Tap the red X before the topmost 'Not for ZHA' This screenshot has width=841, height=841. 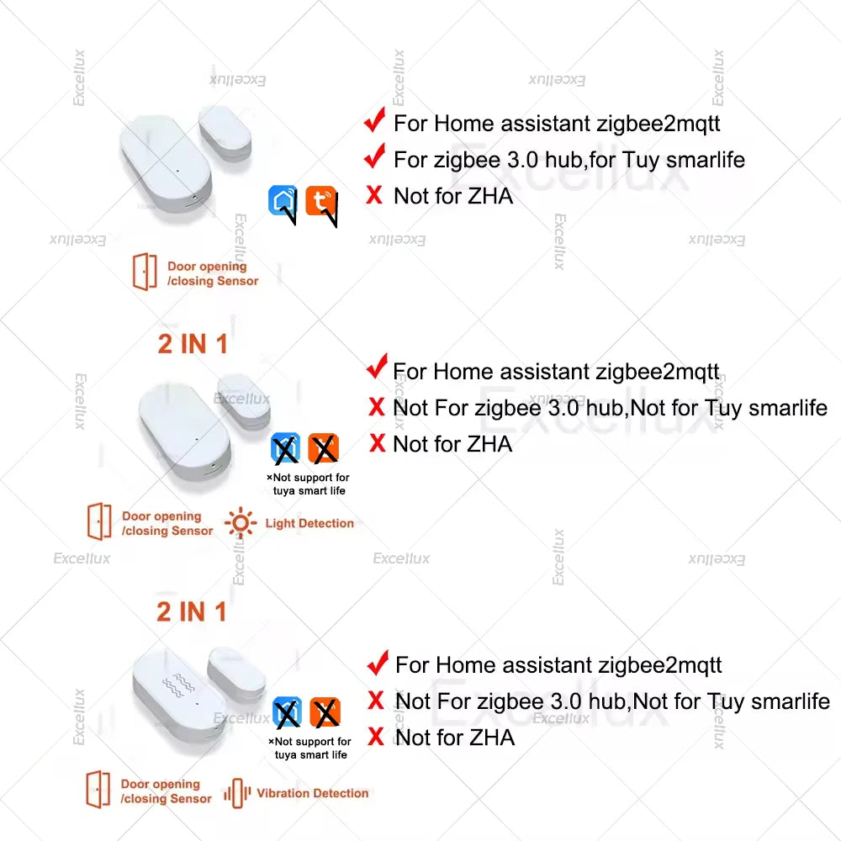(374, 196)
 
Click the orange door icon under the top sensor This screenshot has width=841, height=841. (145, 272)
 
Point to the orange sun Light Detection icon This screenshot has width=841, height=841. (241, 523)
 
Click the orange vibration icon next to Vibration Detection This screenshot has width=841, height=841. (237, 793)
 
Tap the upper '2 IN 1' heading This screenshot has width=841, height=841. (193, 343)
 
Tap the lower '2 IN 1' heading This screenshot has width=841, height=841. (192, 611)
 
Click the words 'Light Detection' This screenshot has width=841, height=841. (309, 523)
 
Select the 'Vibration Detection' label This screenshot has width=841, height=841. (312, 793)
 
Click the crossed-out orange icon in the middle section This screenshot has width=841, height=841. (324, 448)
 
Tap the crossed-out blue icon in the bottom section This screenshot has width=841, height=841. (287, 713)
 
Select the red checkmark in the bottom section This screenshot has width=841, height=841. (378, 663)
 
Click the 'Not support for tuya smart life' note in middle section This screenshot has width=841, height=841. (308, 484)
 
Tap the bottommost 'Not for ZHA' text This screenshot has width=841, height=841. (454, 738)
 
